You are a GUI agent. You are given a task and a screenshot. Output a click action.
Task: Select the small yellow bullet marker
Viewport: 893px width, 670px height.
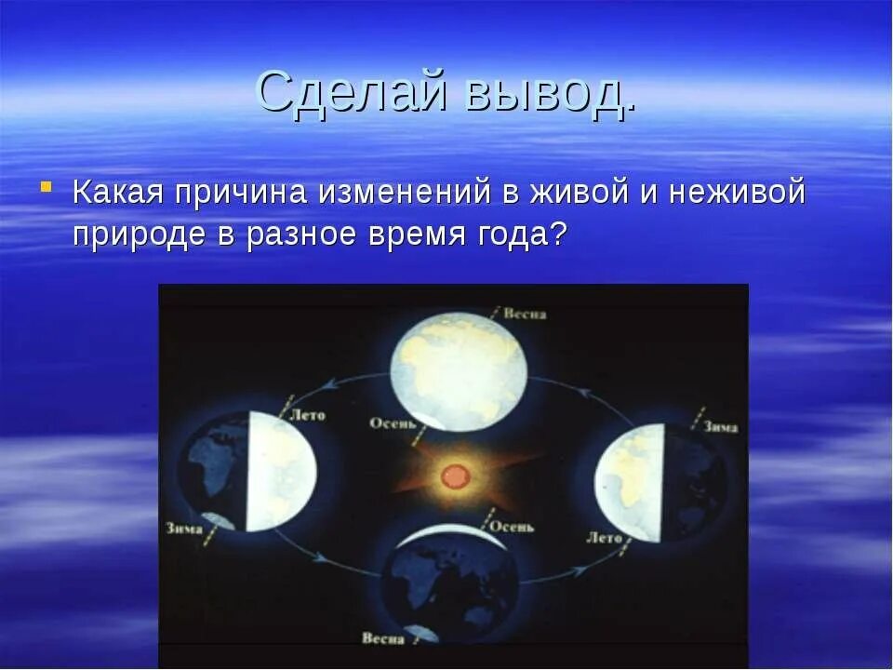tap(47, 186)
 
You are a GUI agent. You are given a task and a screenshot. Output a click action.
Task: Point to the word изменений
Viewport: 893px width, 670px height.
tap(405, 192)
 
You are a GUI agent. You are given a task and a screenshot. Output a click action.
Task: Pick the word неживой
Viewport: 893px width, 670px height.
tap(737, 192)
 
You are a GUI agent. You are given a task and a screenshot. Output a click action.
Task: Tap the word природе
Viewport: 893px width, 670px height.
tap(139, 234)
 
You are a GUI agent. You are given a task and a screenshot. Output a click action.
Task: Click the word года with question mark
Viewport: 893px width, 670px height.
tap(522, 234)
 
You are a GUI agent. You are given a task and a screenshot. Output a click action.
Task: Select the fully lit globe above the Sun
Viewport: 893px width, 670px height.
tap(459, 372)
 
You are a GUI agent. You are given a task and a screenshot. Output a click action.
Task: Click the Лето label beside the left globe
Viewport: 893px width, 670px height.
tap(308, 415)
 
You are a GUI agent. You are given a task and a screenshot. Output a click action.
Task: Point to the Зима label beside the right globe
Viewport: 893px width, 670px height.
tap(720, 427)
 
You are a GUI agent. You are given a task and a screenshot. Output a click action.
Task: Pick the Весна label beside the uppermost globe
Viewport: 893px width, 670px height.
tap(525, 314)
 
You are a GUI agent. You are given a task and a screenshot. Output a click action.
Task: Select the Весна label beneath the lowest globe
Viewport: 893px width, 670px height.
tap(382, 638)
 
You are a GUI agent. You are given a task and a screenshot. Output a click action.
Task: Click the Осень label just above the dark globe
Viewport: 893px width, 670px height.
tap(512, 527)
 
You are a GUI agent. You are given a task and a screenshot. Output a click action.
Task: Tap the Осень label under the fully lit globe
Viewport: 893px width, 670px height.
tap(392, 423)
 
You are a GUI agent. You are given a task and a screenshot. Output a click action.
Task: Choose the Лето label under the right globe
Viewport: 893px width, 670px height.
tap(605, 537)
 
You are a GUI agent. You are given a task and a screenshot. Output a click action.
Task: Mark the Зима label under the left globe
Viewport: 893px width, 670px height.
tap(184, 529)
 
